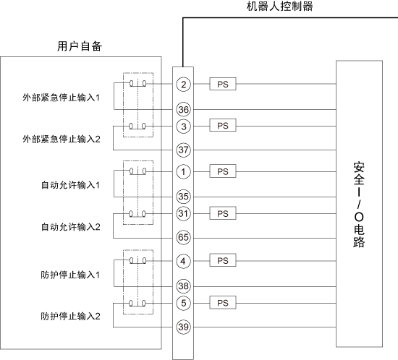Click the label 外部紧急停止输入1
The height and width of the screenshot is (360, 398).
point(62,98)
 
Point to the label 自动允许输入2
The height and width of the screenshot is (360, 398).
point(71,227)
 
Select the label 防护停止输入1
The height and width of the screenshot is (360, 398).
point(70,275)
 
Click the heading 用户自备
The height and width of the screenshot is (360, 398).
point(80,46)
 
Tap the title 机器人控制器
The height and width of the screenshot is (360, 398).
point(279,7)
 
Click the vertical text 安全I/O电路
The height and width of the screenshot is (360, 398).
point(359,205)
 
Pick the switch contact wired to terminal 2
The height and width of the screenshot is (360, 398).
point(137,83)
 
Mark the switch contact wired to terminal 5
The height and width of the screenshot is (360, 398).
point(137,303)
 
